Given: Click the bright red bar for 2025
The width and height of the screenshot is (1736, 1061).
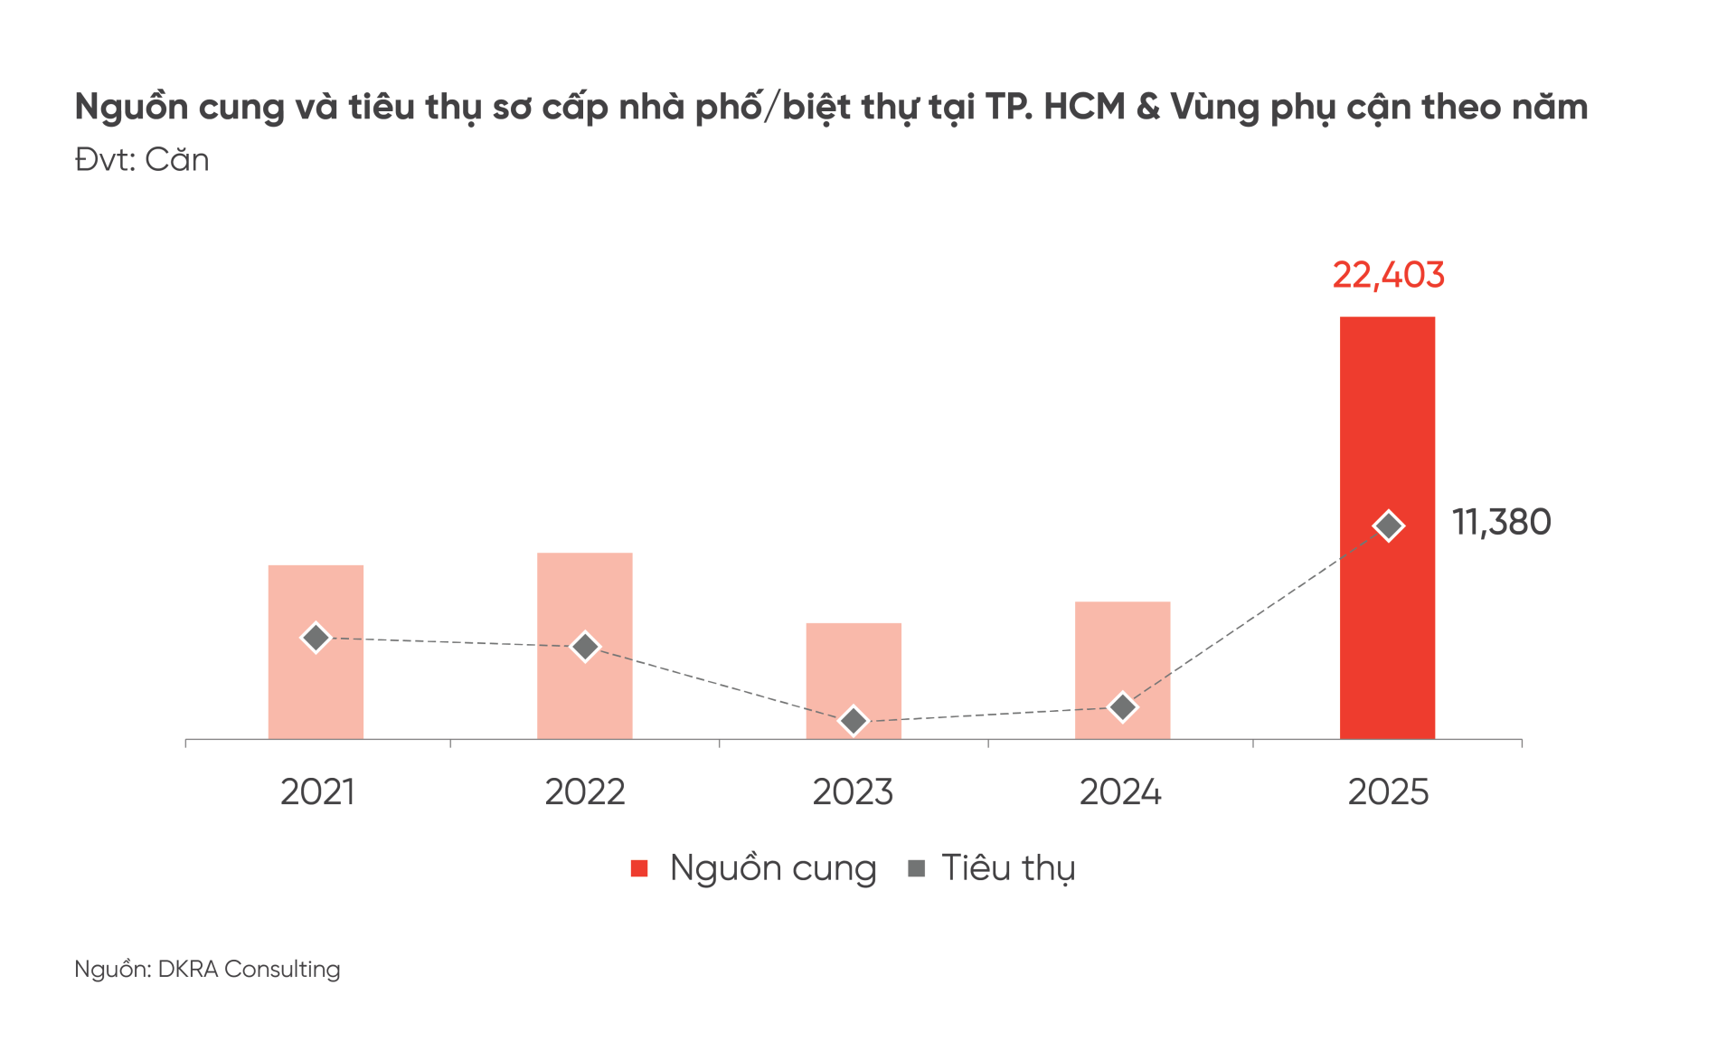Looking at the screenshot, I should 1387,407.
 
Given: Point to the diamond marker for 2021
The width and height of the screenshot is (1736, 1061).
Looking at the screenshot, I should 316,638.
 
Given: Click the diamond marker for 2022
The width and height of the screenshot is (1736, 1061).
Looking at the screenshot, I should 585,647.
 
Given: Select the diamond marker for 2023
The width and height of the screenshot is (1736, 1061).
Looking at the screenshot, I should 854,721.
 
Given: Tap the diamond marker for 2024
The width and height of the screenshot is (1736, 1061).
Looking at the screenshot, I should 1122,707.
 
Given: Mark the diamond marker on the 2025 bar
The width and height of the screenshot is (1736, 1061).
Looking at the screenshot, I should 1388,526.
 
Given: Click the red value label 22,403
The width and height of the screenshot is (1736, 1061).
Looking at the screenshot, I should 1388,275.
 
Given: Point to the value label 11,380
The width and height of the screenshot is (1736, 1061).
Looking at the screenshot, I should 1501,523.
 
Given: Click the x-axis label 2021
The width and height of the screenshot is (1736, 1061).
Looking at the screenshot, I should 317,792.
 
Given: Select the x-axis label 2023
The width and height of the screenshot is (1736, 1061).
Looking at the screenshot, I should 853,792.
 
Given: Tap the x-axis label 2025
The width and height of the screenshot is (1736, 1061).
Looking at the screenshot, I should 1388,792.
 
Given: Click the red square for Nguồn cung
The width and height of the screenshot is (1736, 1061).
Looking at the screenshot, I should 639,868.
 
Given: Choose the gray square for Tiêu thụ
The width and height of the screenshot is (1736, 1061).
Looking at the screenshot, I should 916,868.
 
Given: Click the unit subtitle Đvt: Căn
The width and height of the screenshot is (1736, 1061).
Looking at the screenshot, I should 142,160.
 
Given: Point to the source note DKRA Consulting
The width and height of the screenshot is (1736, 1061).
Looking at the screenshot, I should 249,969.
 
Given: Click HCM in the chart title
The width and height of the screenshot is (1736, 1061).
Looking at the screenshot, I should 1084,107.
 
